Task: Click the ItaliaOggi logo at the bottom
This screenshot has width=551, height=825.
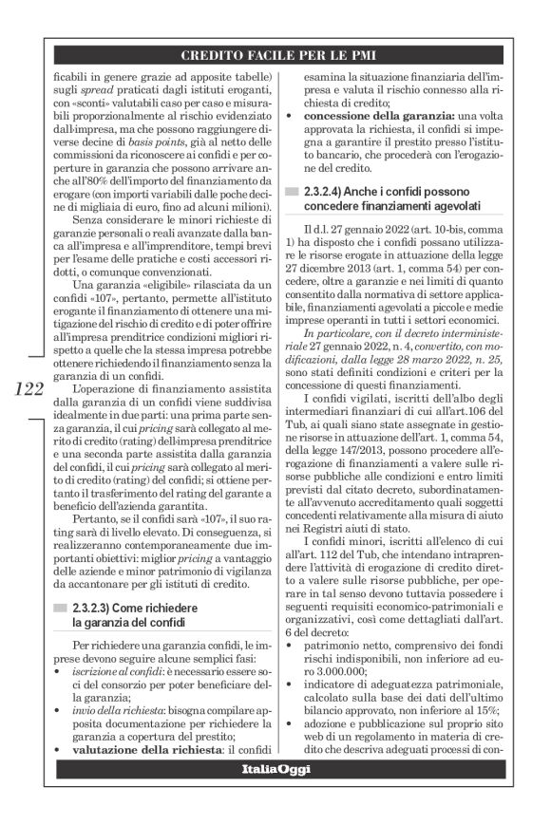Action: (275, 768)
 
